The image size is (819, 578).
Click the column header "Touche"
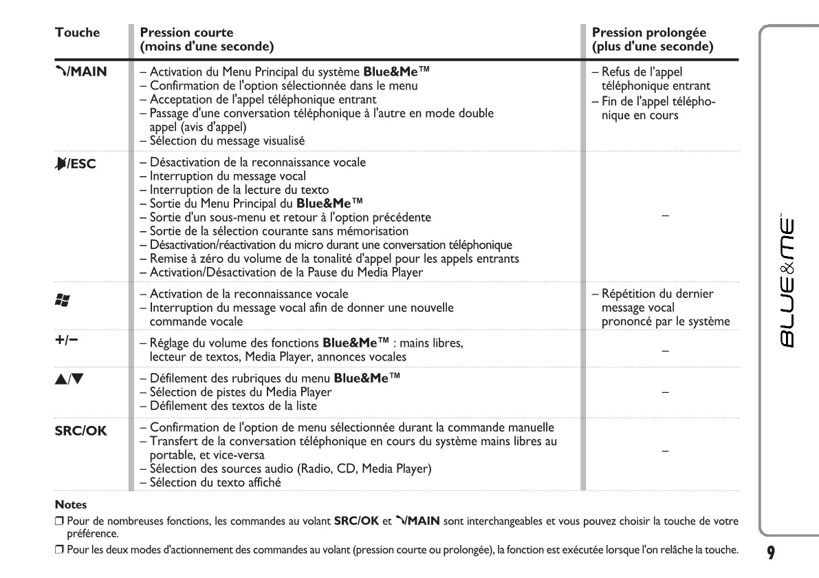coord(77,32)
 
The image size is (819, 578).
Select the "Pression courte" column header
coord(186,32)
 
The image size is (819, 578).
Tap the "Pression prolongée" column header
coord(648,32)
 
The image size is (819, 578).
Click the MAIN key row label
coord(81,70)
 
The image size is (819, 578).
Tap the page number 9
coord(772,552)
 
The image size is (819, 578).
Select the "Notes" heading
coord(71,504)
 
